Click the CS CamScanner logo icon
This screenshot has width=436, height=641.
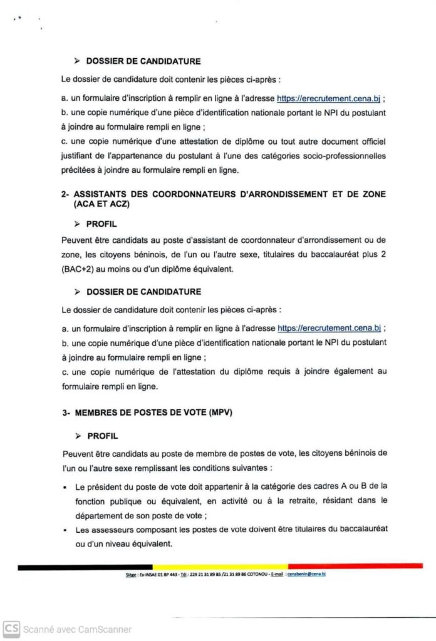point(11,628)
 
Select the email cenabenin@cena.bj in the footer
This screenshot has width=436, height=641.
point(306,573)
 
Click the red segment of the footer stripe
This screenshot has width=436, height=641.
point(355,567)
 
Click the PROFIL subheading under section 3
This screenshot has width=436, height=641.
point(102,436)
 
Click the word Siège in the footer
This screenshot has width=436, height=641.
point(131,573)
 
